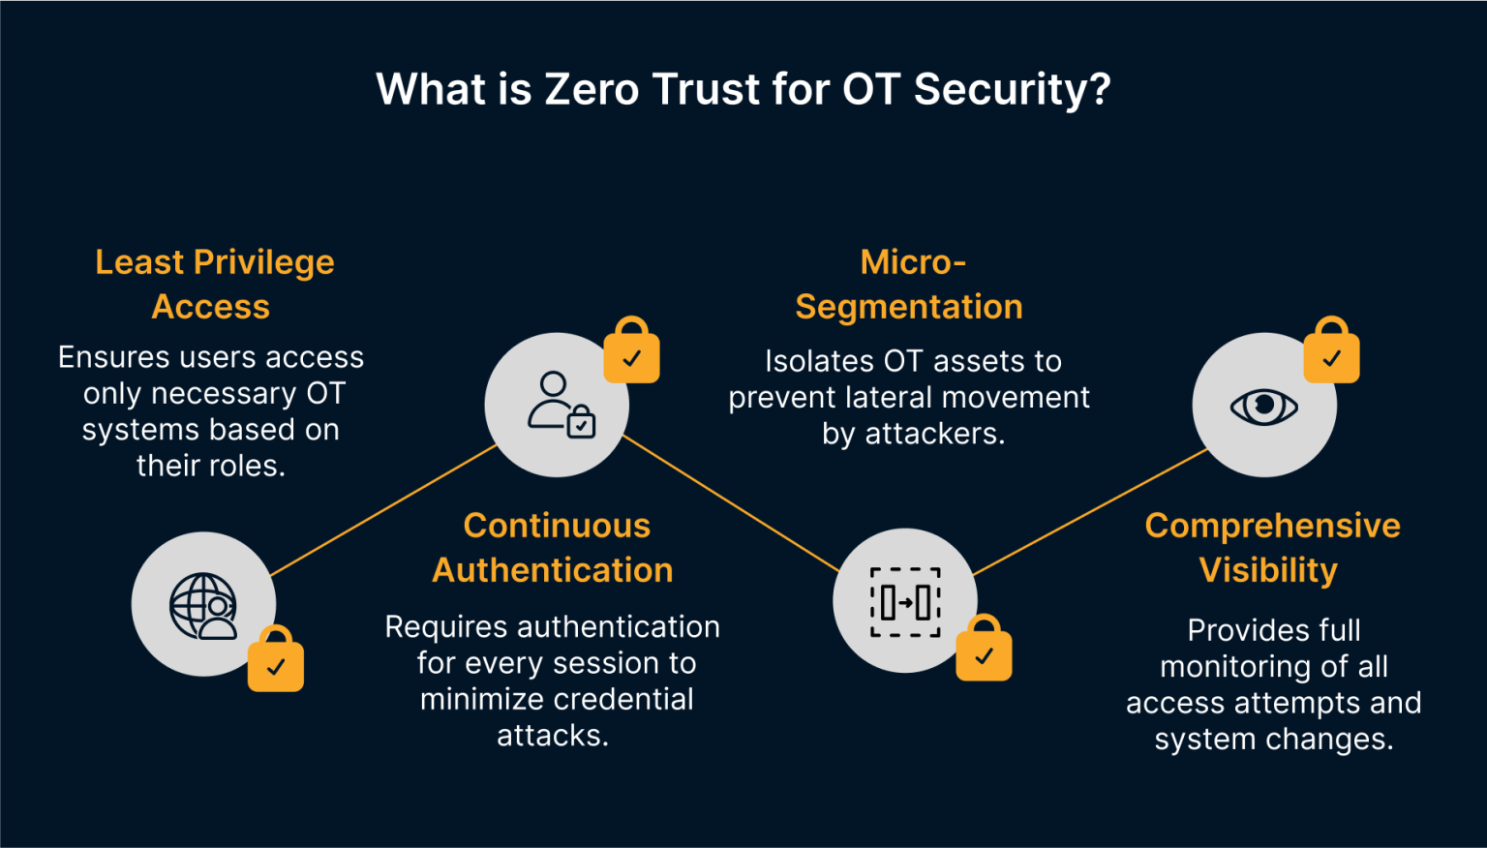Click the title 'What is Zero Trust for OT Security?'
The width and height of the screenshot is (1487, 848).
(743, 89)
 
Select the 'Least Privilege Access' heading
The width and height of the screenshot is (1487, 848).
(214, 284)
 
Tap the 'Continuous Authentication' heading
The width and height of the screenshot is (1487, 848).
(554, 547)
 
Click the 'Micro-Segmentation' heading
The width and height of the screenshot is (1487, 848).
(910, 284)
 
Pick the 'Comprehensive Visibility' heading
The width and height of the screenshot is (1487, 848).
(1271, 547)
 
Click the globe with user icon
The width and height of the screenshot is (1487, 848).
(203, 605)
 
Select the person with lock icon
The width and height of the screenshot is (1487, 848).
(559, 405)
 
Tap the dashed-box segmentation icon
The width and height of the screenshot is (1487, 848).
(905, 601)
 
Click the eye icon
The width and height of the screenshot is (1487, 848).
(1263, 406)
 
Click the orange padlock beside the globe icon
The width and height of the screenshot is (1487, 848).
(276, 661)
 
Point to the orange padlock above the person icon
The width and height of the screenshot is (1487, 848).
(631, 352)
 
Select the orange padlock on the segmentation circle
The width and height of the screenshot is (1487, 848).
(984, 651)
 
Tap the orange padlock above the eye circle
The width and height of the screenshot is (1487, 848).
(1331, 352)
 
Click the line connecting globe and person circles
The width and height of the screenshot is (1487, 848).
(383, 510)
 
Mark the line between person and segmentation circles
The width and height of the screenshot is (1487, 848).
(731, 503)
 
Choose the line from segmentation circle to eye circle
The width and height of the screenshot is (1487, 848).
(1089, 512)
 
